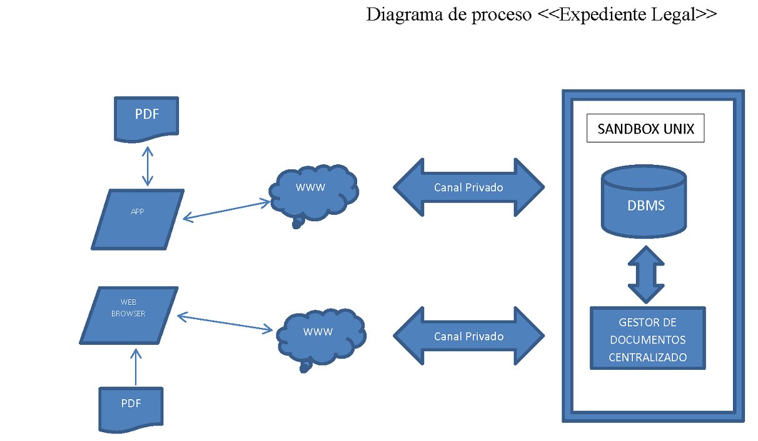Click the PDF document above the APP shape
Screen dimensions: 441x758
146,117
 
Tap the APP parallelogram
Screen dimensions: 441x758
138,219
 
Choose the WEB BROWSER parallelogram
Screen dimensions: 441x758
129,315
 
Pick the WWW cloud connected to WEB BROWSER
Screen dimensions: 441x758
320,337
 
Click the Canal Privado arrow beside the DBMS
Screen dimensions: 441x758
468,187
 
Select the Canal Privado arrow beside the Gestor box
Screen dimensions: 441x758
468,337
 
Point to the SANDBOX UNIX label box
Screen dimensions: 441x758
645,129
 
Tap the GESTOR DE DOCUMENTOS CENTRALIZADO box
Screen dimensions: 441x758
647,339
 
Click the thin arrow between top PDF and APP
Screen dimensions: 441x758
148,166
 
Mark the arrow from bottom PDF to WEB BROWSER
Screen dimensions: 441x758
136,367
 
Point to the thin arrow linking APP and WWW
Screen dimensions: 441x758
226,211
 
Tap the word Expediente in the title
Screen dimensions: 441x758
597,15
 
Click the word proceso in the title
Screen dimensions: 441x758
500,15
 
